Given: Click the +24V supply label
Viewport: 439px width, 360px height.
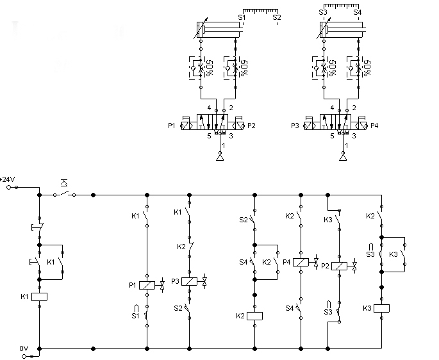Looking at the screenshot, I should click(x=8, y=179).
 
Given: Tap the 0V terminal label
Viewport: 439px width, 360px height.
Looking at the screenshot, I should click(x=24, y=348).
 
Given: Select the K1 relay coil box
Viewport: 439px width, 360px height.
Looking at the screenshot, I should click(x=40, y=296).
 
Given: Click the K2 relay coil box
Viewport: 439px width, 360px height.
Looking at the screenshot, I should click(x=255, y=315).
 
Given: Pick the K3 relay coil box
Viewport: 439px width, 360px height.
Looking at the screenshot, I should click(x=382, y=308).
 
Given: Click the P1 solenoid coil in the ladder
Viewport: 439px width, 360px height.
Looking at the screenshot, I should click(x=147, y=286).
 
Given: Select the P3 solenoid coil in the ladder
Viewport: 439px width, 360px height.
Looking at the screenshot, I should click(x=190, y=281).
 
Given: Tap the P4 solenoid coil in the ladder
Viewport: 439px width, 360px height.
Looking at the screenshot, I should click(x=300, y=262).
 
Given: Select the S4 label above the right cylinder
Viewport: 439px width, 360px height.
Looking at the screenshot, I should click(x=357, y=12).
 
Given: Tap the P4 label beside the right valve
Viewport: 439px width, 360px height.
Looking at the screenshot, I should click(x=375, y=125).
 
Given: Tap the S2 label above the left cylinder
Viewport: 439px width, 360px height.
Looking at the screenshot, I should click(x=277, y=17).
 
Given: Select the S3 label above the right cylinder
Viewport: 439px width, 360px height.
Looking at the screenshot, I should click(x=323, y=12).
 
